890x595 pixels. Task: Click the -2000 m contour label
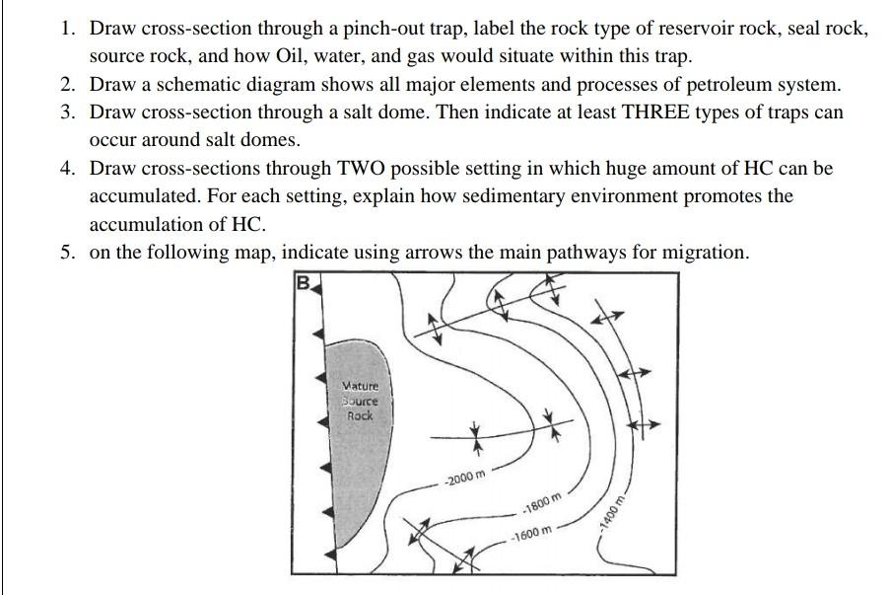tap(465, 480)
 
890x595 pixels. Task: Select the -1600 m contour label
tap(531, 534)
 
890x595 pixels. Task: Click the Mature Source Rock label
tap(360, 402)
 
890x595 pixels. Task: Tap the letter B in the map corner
tap(304, 284)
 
